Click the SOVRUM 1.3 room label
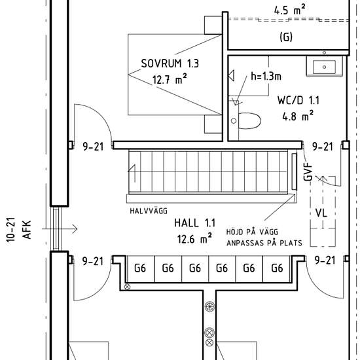coord(170,63)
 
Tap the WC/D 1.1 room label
coord(298,100)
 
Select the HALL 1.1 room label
coord(194,223)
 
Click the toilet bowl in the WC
coord(249,121)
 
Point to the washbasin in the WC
coord(324,66)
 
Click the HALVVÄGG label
coord(149,211)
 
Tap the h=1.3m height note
coord(266,76)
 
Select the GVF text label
coord(308,171)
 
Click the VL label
coord(321,213)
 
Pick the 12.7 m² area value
coord(170,79)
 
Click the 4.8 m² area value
coord(298,116)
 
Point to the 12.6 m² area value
coord(194,239)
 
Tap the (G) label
coord(286,37)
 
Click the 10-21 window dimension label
coord(10,230)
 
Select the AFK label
coord(26,230)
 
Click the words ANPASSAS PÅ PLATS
coord(264,243)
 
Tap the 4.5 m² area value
coord(290,10)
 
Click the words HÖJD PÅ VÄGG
coord(252,232)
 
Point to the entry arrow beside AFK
coord(60,229)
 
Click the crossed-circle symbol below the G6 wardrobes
coord(127,287)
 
